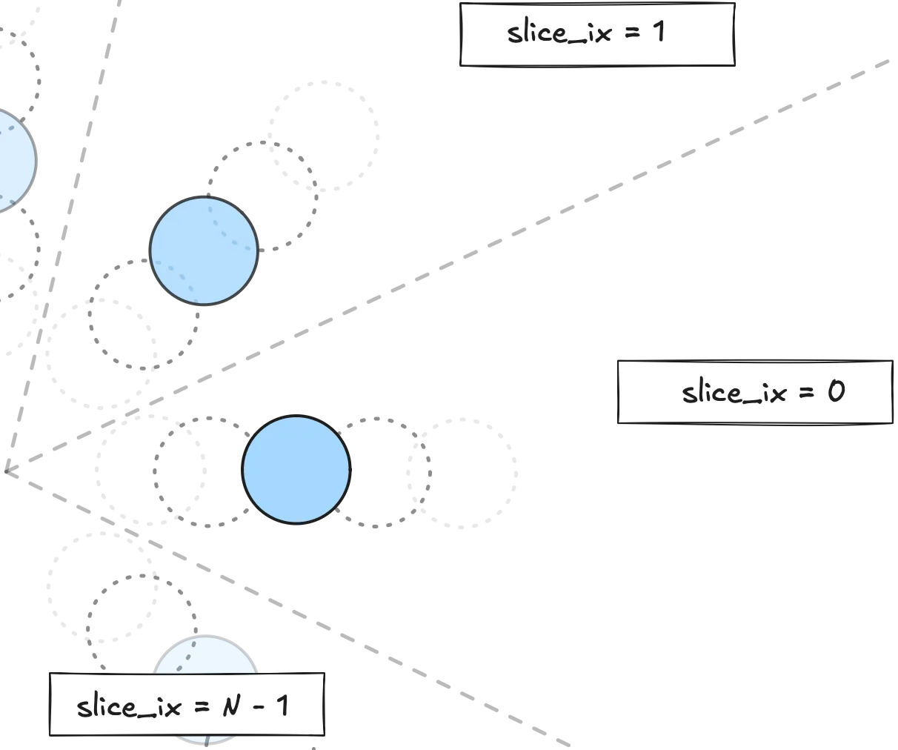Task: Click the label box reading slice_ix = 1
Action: [597, 35]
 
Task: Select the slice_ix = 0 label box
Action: [754, 392]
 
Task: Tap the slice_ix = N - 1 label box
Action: [187, 704]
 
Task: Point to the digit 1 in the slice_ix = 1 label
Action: [658, 32]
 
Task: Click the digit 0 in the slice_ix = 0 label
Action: [836, 391]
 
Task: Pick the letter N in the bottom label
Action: [232, 705]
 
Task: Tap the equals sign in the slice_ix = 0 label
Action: [805, 392]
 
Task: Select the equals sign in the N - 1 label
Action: [201, 706]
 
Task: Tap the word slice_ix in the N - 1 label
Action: [129, 706]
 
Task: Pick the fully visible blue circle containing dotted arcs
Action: [204, 250]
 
